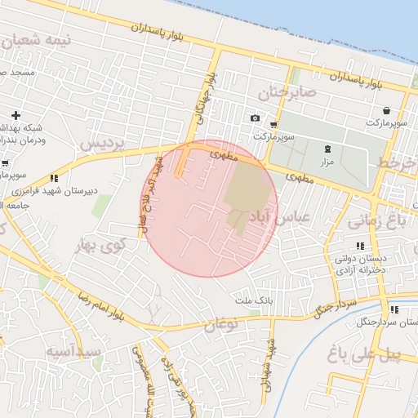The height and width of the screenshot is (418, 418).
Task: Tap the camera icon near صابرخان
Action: point(255,118)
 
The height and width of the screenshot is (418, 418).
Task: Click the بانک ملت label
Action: point(253,301)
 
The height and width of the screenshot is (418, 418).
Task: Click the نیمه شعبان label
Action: point(38,39)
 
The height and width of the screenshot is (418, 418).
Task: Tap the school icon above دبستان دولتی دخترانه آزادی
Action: point(359,246)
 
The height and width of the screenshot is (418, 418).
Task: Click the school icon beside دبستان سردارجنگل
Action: point(394,309)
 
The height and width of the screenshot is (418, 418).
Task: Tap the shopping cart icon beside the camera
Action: point(273,126)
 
